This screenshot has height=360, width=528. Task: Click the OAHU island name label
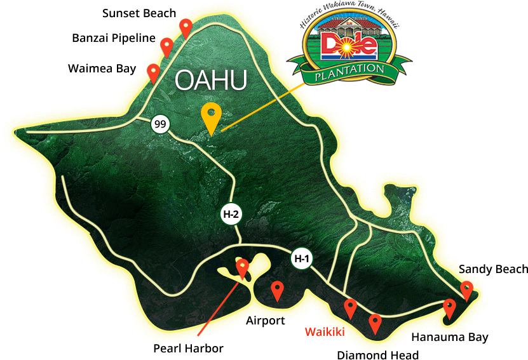tap(210, 81)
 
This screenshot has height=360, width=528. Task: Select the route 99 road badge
tap(160, 124)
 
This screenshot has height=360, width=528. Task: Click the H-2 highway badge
tap(231, 215)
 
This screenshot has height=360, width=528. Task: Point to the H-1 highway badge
tap(302, 258)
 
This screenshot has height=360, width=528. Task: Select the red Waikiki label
tap(324, 331)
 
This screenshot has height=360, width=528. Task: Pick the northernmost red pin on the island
tap(186, 27)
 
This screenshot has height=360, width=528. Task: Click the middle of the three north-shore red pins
tap(166, 46)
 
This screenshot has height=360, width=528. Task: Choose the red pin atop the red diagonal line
tap(242, 267)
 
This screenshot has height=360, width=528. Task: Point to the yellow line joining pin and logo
tap(261, 109)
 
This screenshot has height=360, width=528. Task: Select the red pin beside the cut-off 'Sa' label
tap(467, 290)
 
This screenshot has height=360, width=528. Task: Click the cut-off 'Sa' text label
tap(466, 270)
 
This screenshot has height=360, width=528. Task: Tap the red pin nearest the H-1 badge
tap(277, 290)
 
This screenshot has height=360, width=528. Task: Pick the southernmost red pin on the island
tap(375, 323)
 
